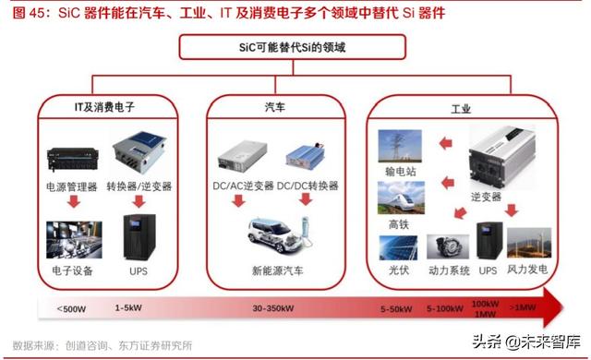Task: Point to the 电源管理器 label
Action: click(x=69, y=186)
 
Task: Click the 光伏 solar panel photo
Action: click(x=399, y=248)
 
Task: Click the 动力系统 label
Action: click(x=450, y=270)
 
